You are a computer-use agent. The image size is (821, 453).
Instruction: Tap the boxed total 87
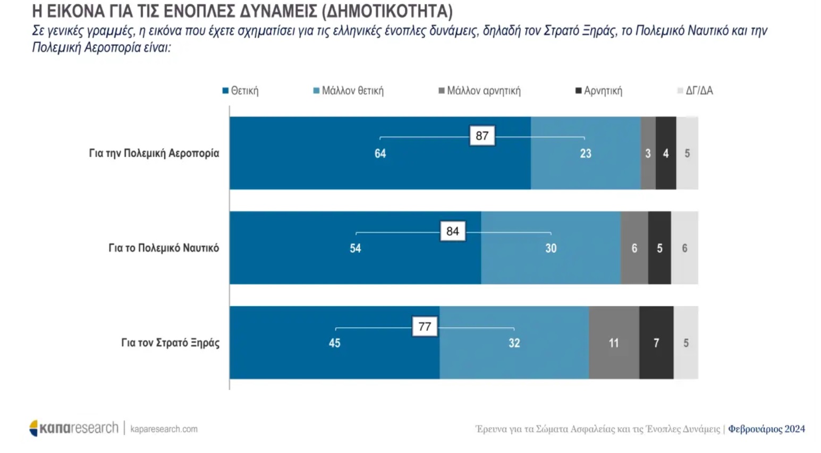482,136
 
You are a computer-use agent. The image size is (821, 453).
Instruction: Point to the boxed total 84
453,232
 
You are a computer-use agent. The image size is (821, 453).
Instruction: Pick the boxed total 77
425,327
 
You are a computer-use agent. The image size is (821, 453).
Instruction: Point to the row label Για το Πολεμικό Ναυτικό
164,248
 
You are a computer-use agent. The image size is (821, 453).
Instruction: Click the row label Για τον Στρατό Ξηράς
170,343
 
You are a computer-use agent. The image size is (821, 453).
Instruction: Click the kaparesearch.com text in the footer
164,429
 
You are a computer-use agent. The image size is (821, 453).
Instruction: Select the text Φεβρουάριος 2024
766,429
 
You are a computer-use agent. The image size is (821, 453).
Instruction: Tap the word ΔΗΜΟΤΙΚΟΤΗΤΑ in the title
387,11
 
